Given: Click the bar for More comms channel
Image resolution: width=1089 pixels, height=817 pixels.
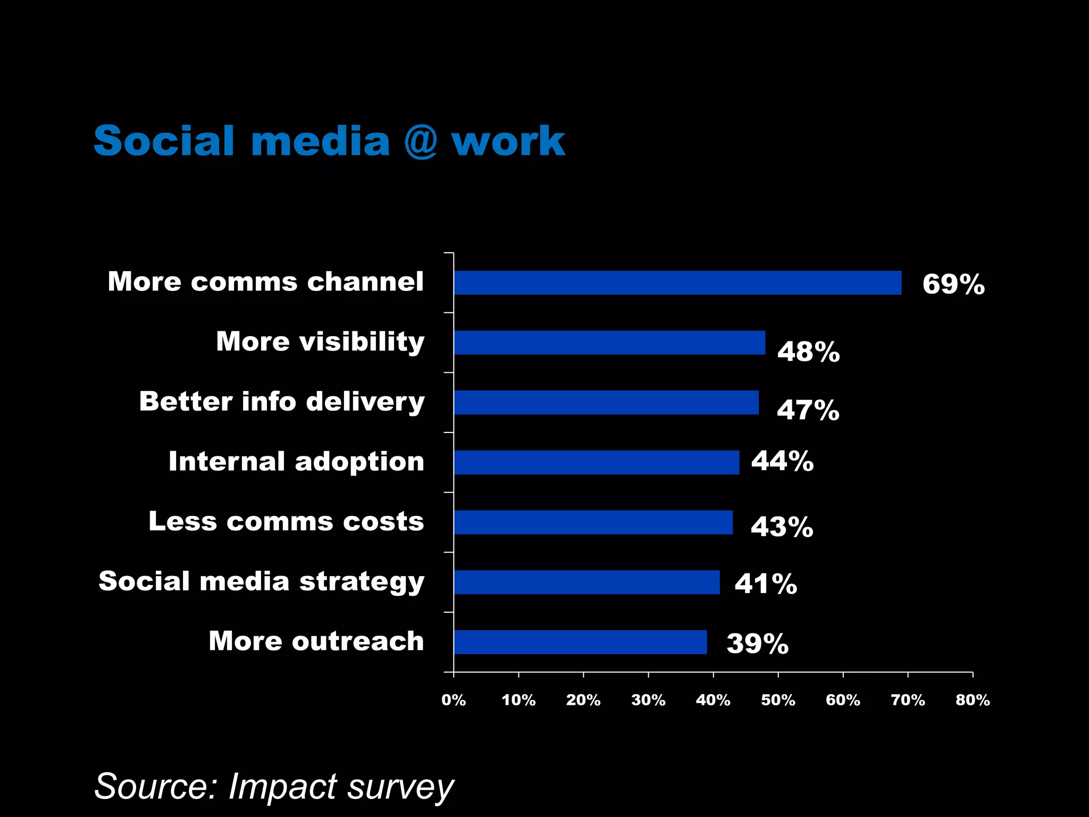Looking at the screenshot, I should coord(677,282).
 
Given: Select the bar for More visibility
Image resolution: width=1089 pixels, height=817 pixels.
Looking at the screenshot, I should coord(609,343).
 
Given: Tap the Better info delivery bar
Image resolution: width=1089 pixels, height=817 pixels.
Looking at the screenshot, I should coord(606,402).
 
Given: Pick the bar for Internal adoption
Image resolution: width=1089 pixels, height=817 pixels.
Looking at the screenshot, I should coord(597,462).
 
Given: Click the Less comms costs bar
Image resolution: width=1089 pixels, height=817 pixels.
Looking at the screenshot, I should coord(593,522).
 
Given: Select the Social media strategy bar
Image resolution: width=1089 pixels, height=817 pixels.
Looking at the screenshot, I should coord(587,582).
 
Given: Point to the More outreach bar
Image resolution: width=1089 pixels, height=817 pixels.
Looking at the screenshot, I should coord(580,642).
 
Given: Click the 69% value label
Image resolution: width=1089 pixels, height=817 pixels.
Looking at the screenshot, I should coord(953,284).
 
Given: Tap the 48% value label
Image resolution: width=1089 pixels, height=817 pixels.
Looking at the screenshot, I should coord(808,352).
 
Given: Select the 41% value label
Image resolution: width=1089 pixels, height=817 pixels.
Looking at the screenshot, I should coord(766,583).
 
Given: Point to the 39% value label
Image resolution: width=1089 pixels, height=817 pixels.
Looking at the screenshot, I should coord(757,644).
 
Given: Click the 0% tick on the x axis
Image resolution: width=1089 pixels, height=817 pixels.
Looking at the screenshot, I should coord(454,700).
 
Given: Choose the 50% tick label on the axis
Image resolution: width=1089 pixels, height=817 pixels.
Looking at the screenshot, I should coord(778,700).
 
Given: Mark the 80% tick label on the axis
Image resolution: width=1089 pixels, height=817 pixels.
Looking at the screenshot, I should coord(973,700).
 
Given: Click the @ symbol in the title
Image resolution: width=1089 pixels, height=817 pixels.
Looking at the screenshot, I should coord(420,141).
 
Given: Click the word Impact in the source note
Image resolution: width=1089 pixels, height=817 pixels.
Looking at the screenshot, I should coord(282,786).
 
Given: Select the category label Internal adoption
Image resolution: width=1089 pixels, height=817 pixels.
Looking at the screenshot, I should coord(296,461).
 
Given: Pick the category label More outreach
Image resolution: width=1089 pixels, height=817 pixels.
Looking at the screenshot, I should coord(316,641).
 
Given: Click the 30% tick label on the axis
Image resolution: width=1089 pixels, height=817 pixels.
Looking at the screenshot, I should coord(648,700).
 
